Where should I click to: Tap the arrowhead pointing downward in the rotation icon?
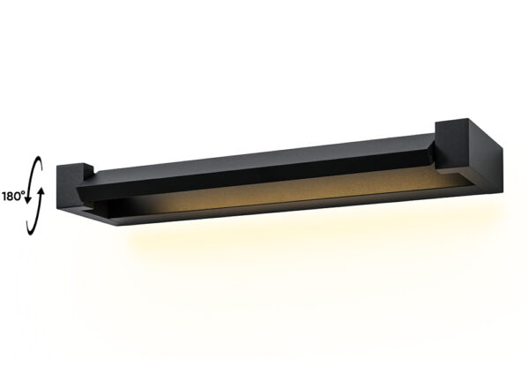[28, 199]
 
